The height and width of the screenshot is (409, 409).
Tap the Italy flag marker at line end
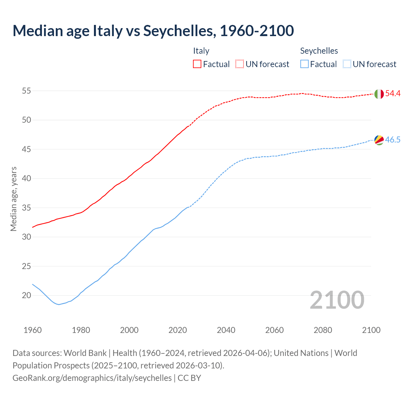pos(379,94)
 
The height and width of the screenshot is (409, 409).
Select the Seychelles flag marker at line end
pos(379,140)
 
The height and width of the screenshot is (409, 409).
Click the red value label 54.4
pos(393,94)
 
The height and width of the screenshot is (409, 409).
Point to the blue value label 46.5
pos(393,140)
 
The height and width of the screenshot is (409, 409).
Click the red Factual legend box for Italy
pos(197,64)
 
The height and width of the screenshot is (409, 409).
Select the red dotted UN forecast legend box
pos(240,64)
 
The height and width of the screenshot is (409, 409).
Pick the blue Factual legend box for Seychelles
pos(305,64)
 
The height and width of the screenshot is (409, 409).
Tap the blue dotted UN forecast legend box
pos(347,64)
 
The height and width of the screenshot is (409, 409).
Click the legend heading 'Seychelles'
pos(319,51)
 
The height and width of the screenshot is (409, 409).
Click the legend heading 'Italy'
pos(201,51)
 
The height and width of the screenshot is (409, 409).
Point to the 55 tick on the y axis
pos(26,91)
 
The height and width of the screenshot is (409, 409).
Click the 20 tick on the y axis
pos(26,296)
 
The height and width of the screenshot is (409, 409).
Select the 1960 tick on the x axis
pos(33,330)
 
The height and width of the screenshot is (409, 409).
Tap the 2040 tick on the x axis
pos(226,330)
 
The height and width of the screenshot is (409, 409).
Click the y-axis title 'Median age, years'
pos(13,199)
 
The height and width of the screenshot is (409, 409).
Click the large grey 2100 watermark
pos(337,300)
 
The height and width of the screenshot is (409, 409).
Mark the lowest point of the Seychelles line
pos(59,305)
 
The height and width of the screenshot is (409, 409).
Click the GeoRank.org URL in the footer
pos(92,378)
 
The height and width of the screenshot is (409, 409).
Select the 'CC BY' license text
pos(189,378)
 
